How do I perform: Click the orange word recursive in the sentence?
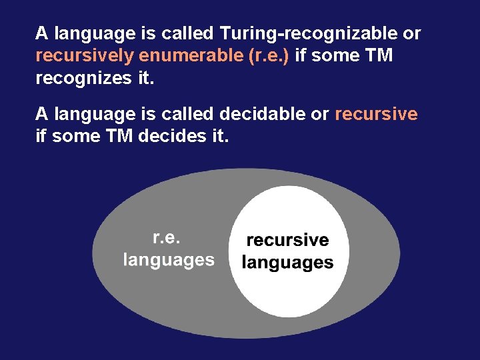pos(376,114)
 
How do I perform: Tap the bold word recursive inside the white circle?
pos(287,240)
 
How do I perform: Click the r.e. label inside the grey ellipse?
pos(167,237)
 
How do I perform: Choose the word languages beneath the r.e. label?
pos(169,260)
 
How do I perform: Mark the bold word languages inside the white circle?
pos(287,263)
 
